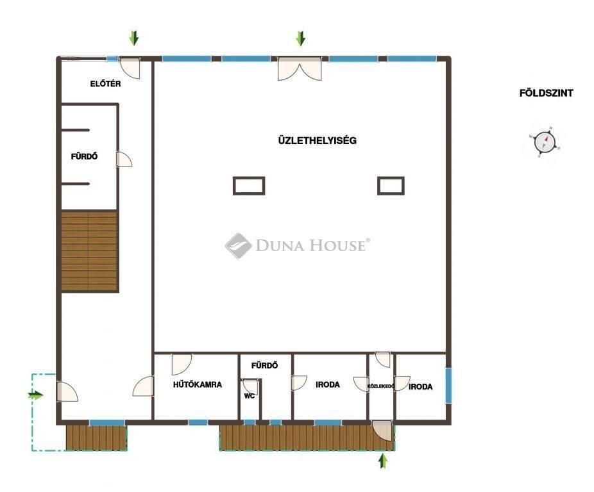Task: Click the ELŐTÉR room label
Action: coord(105,84)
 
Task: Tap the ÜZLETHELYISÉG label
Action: coord(317,140)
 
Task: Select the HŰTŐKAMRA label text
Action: coord(198,384)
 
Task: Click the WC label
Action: coord(250,396)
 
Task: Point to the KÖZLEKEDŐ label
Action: coord(381,386)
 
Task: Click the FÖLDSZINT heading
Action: coord(546,93)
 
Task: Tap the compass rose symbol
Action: coord(545,142)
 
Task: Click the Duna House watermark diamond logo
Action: coord(238,245)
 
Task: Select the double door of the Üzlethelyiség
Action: coord(300,69)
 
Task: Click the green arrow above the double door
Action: coord(300,38)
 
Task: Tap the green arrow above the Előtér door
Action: coord(134,38)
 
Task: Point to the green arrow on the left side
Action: coord(36,395)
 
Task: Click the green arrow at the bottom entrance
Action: coord(384,461)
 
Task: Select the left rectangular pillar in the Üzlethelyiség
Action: coord(249,186)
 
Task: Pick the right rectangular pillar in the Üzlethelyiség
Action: coord(391,186)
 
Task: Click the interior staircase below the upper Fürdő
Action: coord(89,251)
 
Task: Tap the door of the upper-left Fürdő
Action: coord(124,159)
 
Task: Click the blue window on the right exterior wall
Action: coord(448,386)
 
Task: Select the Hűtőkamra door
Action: coord(182,365)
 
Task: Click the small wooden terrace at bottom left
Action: coord(96,438)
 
